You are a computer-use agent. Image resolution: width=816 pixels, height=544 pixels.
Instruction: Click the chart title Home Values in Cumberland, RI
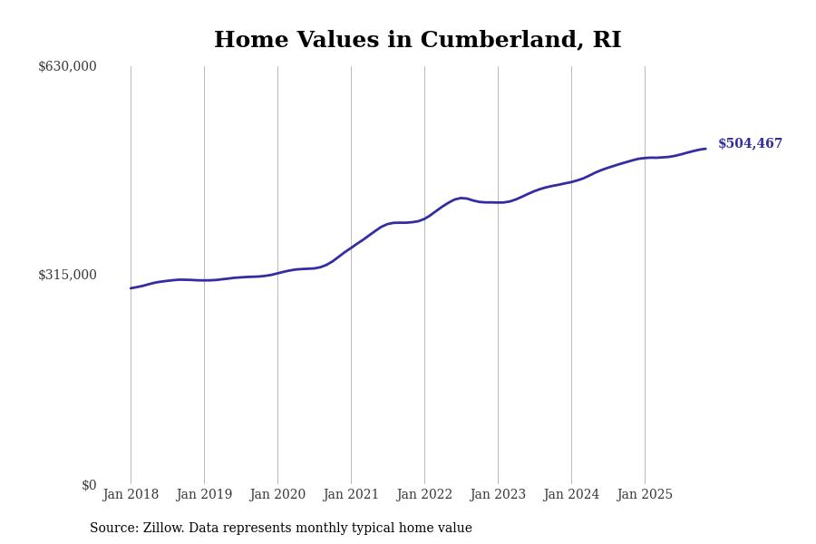(x=417, y=41)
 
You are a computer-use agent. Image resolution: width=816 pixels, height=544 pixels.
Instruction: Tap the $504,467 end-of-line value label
(x=750, y=144)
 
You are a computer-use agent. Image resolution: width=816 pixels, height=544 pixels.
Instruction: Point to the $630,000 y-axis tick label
(x=67, y=66)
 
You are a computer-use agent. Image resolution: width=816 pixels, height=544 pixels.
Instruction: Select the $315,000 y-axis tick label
(x=67, y=275)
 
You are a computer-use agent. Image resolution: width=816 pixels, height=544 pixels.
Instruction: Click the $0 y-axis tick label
(x=89, y=485)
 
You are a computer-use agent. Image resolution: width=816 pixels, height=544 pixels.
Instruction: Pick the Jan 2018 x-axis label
(x=131, y=495)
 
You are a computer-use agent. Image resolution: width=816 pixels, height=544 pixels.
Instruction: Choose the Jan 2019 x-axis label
(x=204, y=495)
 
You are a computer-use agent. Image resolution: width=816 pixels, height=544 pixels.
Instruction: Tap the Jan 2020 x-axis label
(x=277, y=495)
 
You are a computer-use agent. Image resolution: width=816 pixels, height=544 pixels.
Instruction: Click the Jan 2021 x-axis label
(x=351, y=495)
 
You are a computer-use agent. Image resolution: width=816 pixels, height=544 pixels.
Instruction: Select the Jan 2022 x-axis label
(x=424, y=495)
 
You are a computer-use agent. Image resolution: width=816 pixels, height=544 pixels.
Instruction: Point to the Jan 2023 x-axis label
(x=498, y=495)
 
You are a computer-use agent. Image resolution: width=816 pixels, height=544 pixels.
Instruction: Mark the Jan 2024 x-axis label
(x=571, y=495)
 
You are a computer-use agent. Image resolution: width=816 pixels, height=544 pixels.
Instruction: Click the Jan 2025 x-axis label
(x=645, y=495)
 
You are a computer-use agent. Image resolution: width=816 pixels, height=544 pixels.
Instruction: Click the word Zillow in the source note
(x=166, y=529)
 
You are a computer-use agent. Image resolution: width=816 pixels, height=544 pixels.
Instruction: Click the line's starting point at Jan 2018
(x=131, y=288)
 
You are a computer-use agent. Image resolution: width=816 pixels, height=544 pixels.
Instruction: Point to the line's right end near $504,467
(x=705, y=149)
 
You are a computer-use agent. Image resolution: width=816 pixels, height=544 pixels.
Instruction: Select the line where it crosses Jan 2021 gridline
(x=351, y=247)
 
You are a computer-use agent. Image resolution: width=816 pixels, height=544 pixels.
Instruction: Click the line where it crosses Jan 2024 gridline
(x=571, y=182)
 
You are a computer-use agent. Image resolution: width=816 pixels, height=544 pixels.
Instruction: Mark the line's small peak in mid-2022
(x=461, y=198)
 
